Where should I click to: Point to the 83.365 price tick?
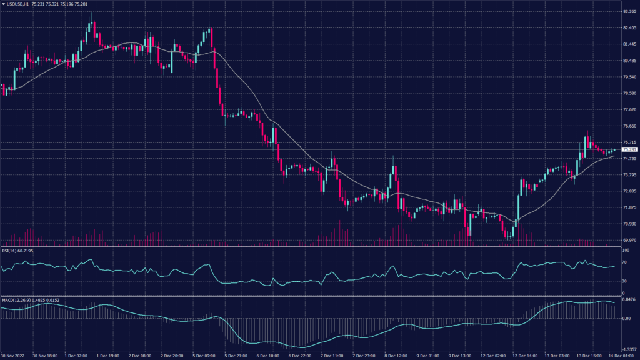tap(628, 11)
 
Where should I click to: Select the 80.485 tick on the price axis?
tap(628, 61)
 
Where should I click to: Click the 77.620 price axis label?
tap(628, 109)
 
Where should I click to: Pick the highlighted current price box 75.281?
tap(629, 149)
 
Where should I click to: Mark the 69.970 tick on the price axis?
tap(628, 240)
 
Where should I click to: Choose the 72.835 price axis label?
tap(628, 191)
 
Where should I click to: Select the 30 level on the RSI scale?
tap(624, 281)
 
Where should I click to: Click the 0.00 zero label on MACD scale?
tap(626, 319)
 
